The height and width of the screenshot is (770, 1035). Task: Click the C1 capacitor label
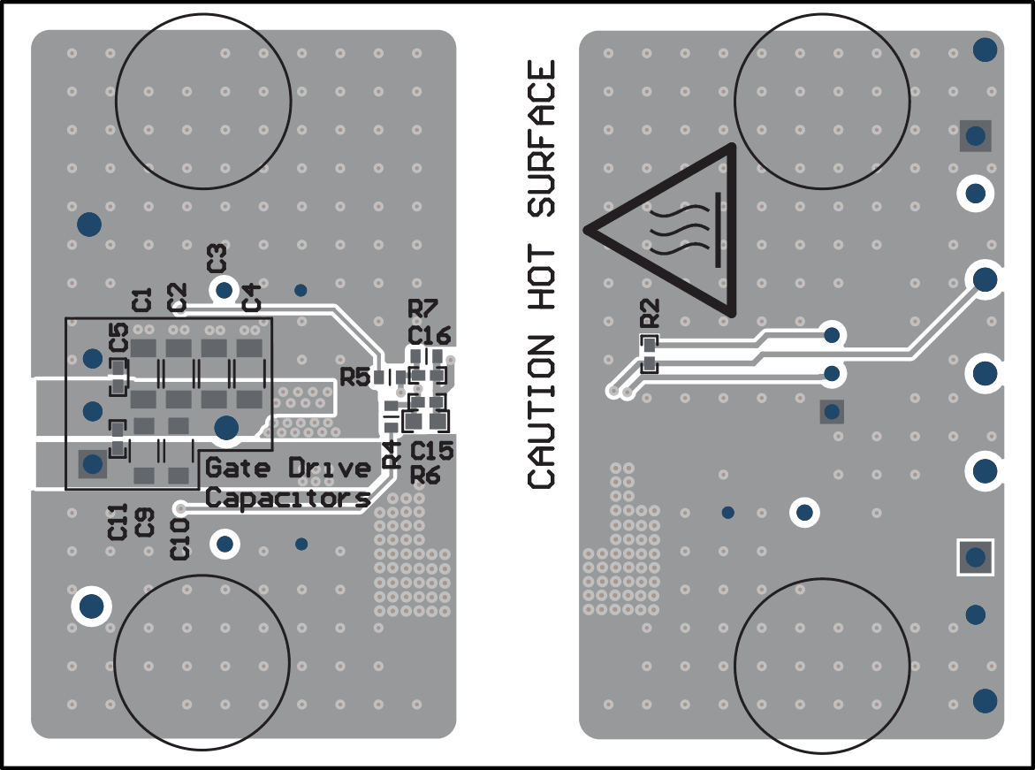pyautogui.click(x=142, y=299)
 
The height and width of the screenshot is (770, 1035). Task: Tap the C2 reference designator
pyautogui.click(x=177, y=298)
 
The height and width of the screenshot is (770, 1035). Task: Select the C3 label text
pyautogui.click(x=217, y=258)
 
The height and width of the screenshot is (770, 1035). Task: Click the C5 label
pyautogui.click(x=118, y=338)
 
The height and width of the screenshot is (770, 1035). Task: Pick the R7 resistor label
pyautogui.click(x=422, y=308)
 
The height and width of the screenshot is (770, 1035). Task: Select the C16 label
pyautogui.click(x=429, y=335)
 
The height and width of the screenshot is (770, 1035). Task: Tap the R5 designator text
pyautogui.click(x=355, y=377)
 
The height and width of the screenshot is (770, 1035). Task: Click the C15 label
pyautogui.click(x=431, y=451)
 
